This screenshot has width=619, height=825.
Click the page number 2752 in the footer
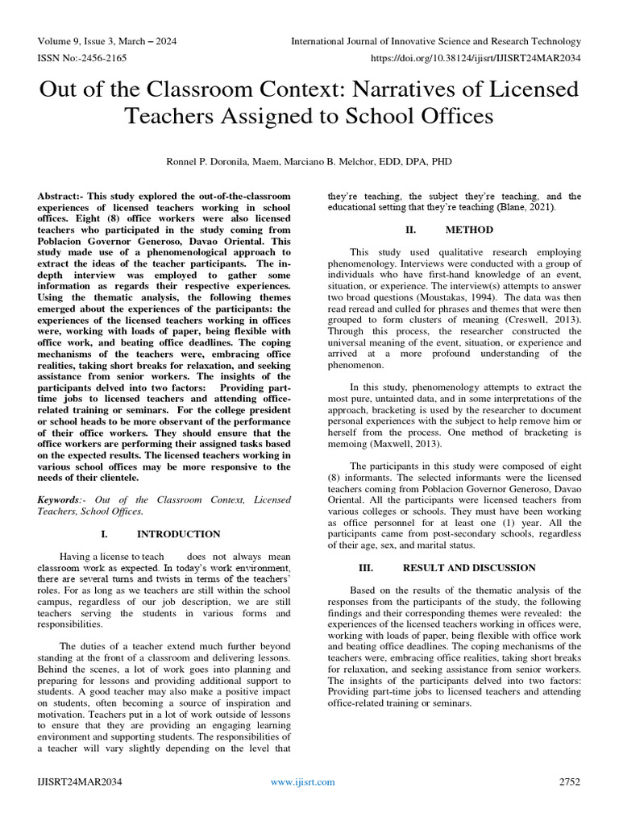tap(569, 782)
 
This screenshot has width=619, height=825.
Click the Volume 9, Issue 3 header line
tap(107, 41)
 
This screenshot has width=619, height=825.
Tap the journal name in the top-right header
tap(435, 41)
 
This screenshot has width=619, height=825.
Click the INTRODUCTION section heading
tap(178, 534)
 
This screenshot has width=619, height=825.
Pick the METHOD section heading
tap(468, 230)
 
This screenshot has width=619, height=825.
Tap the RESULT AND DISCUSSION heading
tap(469, 568)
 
